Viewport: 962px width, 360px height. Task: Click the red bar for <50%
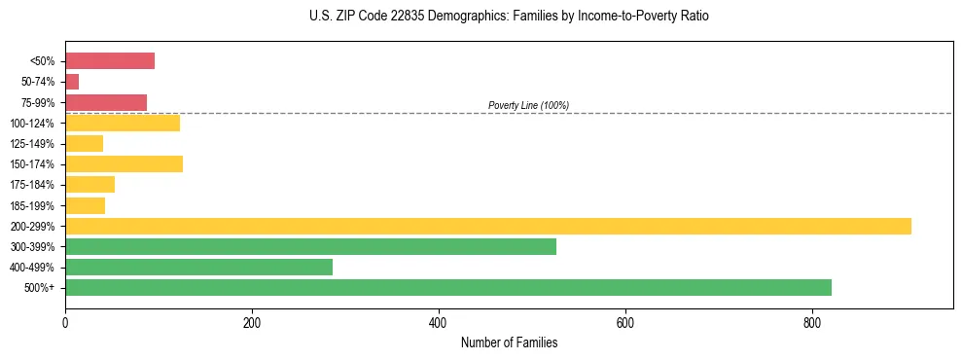click(x=110, y=61)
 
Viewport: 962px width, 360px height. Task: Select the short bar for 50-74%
click(x=72, y=82)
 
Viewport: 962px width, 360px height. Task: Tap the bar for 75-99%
click(x=106, y=102)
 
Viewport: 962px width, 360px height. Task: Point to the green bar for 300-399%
click(x=310, y=246)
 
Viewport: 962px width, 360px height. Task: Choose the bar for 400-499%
click(x=198, y=267)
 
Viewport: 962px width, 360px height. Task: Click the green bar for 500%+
click(x=448, y=287)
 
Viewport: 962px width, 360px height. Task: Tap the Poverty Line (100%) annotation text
click(x=528, y=105)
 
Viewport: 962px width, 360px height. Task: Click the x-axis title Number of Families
click(x=509, y=343)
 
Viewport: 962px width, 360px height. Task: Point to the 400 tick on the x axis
click(x=439, y=323)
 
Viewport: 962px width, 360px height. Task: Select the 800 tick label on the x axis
click(x=812, y=323)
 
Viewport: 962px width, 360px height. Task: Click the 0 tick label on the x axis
click(x=65, y=323)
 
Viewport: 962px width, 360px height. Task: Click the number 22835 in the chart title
click(x=392, y=17)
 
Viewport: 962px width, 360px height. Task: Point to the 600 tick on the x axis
click(x=625, y=323)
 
